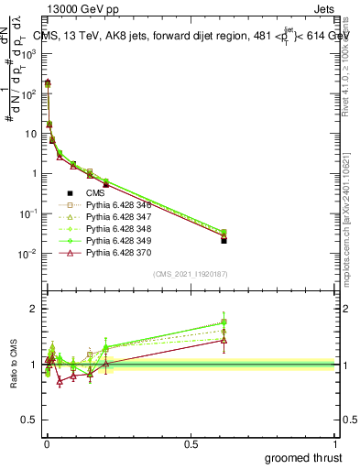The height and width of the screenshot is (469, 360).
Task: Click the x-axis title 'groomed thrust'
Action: click(303, 456)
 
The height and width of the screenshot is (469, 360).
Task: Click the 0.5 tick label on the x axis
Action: click(191, 443)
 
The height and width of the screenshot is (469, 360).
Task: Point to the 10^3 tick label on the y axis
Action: click(29, 54)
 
